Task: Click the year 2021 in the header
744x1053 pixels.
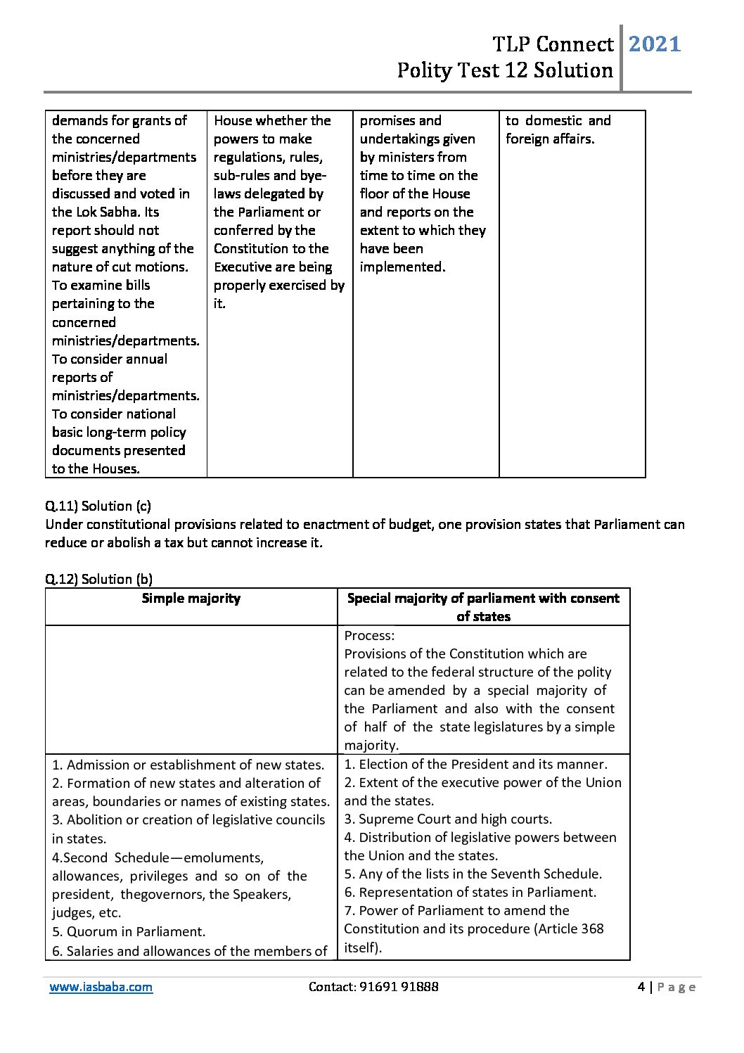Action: (x=654, y=44)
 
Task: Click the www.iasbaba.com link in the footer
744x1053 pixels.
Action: (x=101, y=987)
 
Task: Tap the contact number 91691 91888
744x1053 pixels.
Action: (x=399, y=987)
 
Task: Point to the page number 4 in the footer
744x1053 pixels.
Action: (x=641, y=987)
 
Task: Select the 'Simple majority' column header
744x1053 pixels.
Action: (x=191, y=599)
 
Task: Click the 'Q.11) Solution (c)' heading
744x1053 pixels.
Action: (x=98, y=506)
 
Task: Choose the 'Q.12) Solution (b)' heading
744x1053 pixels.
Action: (x=98, y=579)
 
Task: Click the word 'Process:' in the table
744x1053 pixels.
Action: (x=369, y=635)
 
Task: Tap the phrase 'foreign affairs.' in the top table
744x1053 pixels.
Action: (x=550, y=139)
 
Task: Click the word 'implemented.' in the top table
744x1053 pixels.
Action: (x=402, y=267)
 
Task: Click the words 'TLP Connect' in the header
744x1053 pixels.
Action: (x=553, y=44)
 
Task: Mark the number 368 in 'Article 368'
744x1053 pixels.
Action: (x=591, y=928)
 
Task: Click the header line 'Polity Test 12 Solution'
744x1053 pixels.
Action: (x=504, y=70)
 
